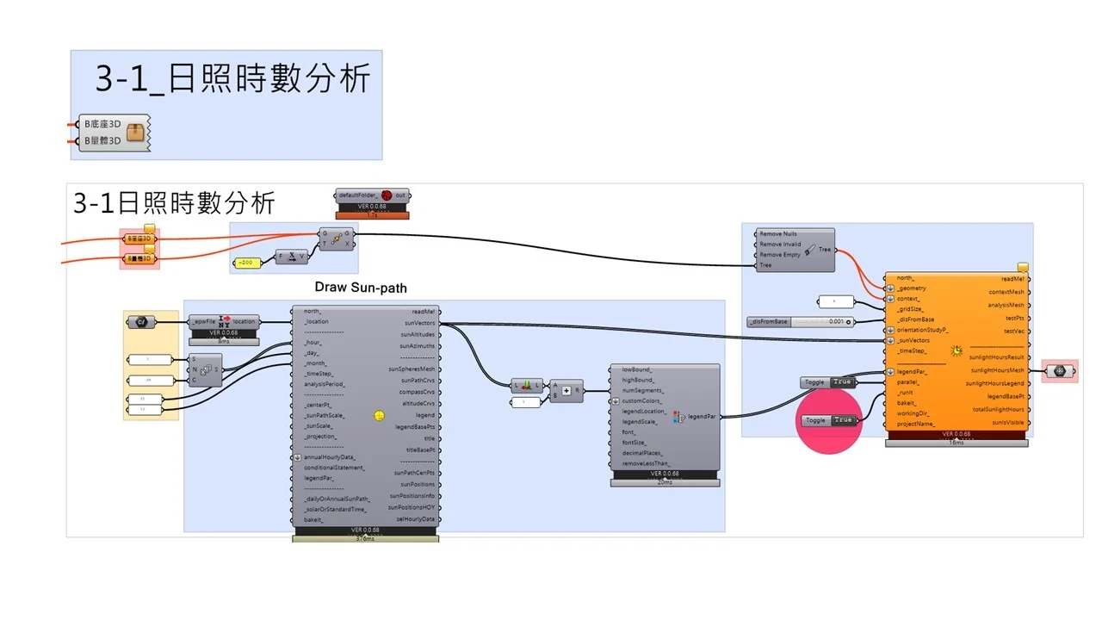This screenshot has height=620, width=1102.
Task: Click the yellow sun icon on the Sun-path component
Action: coord(379,416)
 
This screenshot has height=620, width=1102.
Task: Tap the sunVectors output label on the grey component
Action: coord(418,323)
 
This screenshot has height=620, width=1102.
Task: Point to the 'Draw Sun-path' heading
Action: coord(361,287)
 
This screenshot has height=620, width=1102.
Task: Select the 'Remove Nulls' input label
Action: coord(778,233)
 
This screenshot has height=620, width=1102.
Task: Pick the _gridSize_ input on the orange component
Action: coord(910,308)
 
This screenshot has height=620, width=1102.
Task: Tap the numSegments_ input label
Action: coord(642,390)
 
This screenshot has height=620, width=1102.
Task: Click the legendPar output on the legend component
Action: coord(702,417)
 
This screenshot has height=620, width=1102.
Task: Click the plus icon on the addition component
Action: coord(566,391)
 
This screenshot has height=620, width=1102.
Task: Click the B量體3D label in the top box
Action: coord(102,139)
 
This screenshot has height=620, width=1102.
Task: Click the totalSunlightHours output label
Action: coord(999,410)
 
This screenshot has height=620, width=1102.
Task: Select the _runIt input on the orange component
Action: coord(905,393)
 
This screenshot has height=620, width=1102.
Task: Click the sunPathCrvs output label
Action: coord(418,381)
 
